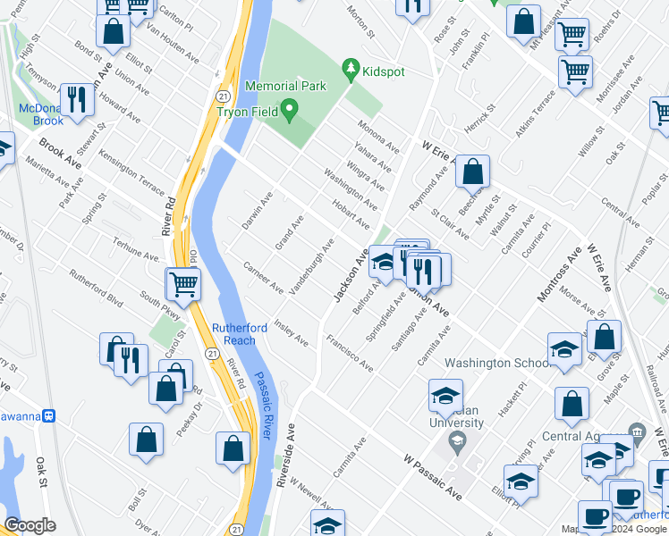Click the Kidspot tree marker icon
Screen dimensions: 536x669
[x=351, y=69]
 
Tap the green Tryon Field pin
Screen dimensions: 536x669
[x=289, y=112]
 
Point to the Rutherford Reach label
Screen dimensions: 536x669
[x=240, y=334]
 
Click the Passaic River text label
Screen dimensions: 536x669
[x=266, y=406]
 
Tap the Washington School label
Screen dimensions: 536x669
[x=496, y=364]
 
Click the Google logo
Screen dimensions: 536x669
[x=30, y=524]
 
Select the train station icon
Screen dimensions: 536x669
[x=51, y=415]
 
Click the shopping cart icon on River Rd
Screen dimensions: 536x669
[x=183, y=284]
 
